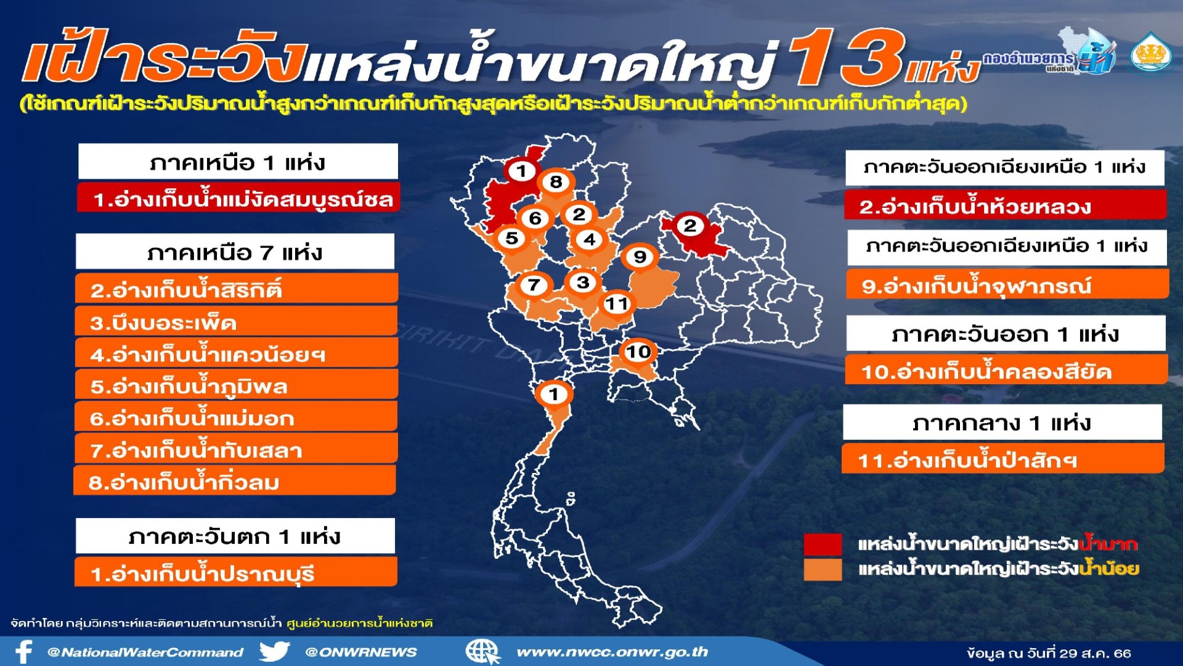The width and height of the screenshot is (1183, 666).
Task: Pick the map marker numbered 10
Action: click(638, 352)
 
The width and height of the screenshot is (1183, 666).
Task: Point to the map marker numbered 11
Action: click(616, 303)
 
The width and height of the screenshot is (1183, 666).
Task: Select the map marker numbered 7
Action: click(534, 285)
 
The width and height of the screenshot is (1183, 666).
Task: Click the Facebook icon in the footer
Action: click(23, 652)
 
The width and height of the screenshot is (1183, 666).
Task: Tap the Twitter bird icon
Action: click(274, 652)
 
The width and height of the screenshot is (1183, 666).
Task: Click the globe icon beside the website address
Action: click(482, 652)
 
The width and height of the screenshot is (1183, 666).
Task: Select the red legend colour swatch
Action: click(823, 545)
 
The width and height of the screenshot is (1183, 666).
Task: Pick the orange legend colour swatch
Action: click(823, 569)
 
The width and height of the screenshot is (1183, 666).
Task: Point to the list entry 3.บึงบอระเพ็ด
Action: click(236, 321)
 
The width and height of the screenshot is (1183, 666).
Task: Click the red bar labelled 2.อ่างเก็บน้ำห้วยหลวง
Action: click(1005, 205)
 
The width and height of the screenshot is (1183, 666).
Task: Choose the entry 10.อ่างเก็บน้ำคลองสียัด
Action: click(1006, 369)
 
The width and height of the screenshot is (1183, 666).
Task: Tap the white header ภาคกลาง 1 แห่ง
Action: click(1002, 422)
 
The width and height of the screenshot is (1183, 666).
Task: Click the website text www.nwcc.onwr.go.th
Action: click(612, 652)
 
